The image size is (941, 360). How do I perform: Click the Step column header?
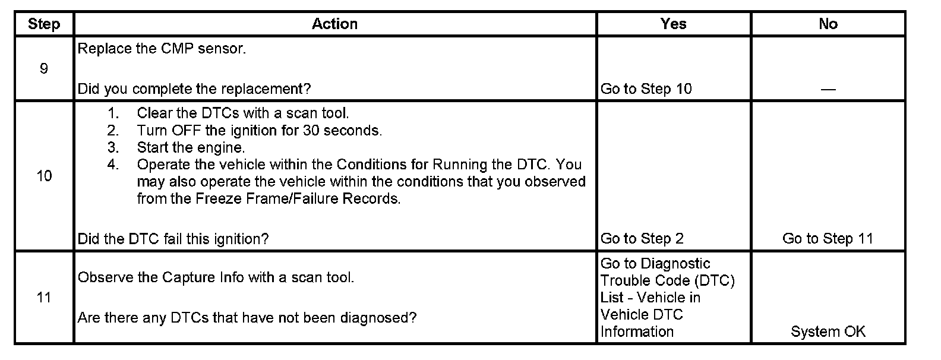pos(44,24)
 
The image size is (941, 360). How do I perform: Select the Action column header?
pos(334,24)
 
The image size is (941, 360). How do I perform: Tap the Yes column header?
pos(673,24)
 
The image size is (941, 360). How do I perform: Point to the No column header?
pos(828,24)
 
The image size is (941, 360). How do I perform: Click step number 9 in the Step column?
pos(44,69)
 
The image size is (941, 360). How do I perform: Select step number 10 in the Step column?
pos(44,176)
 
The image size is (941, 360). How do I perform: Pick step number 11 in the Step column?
pos(44,297)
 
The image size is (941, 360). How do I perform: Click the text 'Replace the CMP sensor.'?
pos(162,49)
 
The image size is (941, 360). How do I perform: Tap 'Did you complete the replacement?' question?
pos(194,89)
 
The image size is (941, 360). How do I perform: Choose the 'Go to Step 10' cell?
pos(646,89)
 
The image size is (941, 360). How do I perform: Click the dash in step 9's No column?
pos(828,89)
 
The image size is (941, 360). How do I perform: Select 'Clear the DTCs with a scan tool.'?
pos(242,113)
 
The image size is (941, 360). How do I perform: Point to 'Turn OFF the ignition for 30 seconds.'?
pos(259,130)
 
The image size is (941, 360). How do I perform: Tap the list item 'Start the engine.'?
pos(191,147)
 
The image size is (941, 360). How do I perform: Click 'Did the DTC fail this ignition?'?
pos(173,239)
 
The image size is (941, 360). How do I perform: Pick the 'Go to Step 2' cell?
pos(642,239)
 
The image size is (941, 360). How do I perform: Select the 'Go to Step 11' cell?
pos(828,239)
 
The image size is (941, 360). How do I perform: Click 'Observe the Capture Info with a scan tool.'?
pos(216,277)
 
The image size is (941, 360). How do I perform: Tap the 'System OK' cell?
pos(828,331)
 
